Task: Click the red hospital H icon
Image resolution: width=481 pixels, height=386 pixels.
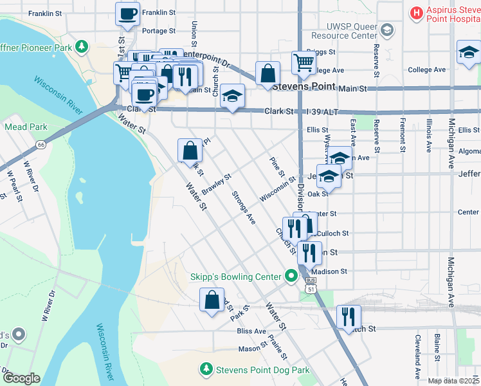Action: click(x=416, y=12)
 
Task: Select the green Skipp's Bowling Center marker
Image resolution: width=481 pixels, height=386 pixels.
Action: click(x=291, y=277)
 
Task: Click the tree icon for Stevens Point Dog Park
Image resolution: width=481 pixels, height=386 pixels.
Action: click(x=206, y=370)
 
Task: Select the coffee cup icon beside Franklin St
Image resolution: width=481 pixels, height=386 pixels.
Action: click(x=127, y=14)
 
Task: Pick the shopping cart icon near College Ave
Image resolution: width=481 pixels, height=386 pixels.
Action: click(x=304, y=62)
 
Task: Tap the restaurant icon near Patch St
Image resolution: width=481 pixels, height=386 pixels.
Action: click(x=349, y=316)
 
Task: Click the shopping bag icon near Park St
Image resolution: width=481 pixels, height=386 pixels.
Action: click(x=212, y=300)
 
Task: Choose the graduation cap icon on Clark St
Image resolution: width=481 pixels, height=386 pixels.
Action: click(x=231, y=96)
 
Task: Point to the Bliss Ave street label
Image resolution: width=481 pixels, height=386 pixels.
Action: click(x=251, y=331)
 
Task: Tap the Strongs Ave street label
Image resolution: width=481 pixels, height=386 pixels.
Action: click(x=244, y=207)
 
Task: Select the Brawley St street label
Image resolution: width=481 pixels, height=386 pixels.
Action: click(x=216, y=185)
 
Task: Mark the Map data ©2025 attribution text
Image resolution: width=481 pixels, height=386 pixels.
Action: click(x=453, y=381)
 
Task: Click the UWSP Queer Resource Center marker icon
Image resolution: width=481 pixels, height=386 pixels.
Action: click(x=387, y=30)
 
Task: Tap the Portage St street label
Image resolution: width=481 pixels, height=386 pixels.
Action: click(x=158, y=31)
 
